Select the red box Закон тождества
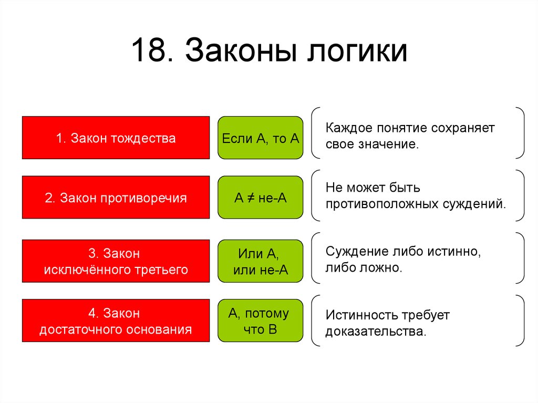click(116, 138)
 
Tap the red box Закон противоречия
click(116, 198)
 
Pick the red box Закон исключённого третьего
click(116, 261)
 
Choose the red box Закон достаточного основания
click(116, 321)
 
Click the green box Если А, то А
click(260, 138)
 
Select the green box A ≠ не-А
click(260, 198)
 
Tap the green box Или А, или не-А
click(260, 261)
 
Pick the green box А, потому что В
click(260, 321)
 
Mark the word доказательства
click(374, 332)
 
